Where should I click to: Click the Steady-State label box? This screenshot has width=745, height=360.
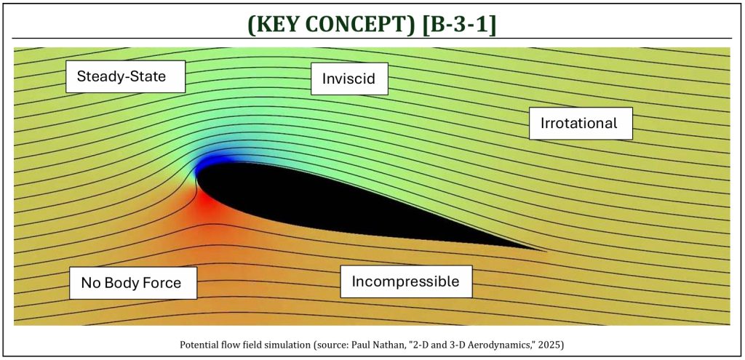coord(125,76)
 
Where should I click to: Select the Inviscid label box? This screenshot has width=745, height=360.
coord(349,79)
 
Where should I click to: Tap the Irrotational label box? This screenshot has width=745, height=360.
coord(581,124)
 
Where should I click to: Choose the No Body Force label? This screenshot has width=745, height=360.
coord(133,283)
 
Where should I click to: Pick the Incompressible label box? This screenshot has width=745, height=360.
coord(406,281)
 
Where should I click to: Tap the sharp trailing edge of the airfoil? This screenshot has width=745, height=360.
coord(546,250)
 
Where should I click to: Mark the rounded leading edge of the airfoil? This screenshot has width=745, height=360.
coord(196,179)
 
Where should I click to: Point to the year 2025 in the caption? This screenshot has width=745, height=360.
coord(552,345)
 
